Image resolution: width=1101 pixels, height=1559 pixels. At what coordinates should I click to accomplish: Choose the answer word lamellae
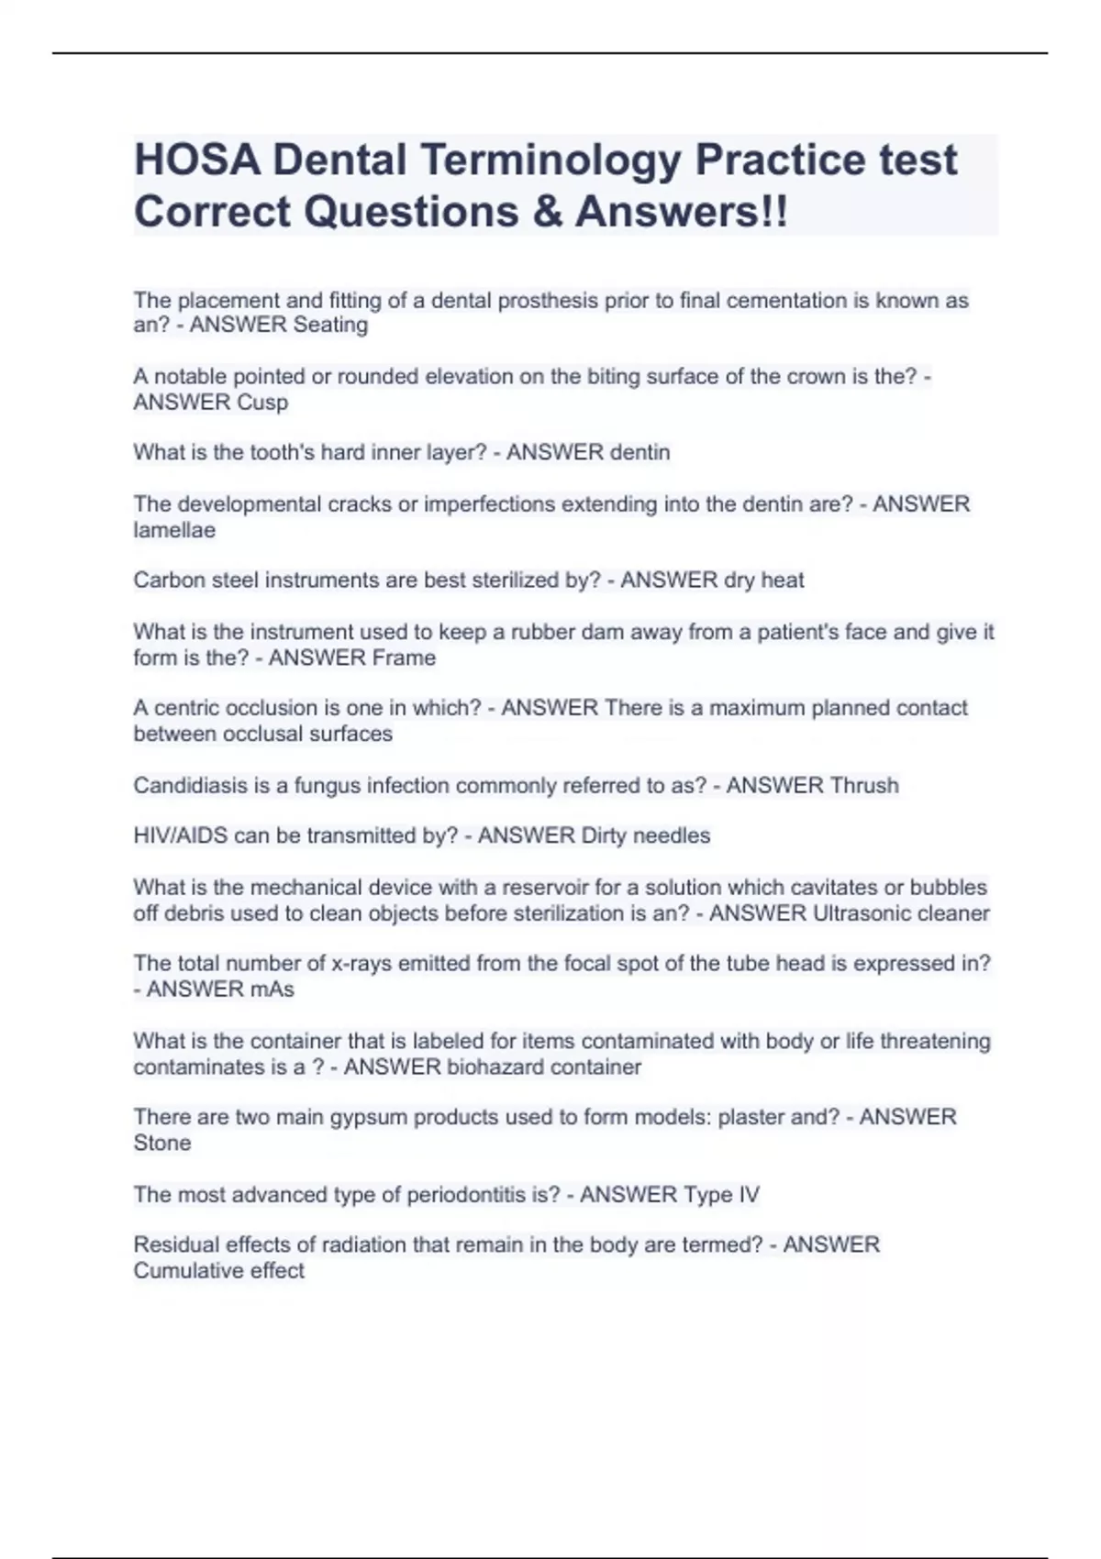point(174,530)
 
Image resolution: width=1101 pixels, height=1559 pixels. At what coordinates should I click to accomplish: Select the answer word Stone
point(162,1144)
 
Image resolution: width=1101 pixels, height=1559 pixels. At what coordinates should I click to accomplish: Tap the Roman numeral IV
point(748,1195)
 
